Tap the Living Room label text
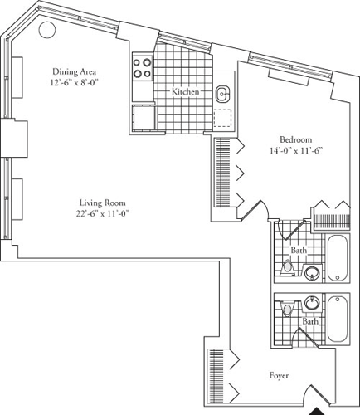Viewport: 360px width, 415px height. coord(104,203)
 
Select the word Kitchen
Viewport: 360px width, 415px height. coord(185,92)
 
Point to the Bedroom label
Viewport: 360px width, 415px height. coord(296,139)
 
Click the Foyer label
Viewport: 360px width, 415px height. coord(279,376)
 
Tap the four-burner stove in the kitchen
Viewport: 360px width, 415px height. coord(142,67)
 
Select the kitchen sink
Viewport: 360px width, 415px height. coord(223,93)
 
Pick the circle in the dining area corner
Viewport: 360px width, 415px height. coord(47,30)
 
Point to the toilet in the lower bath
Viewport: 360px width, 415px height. coord(287,309)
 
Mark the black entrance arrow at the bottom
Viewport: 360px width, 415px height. coord(319,409)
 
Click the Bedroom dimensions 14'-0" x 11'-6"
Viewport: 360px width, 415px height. coord(295,150)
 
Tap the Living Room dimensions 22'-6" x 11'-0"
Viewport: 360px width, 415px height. coord(104,214)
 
